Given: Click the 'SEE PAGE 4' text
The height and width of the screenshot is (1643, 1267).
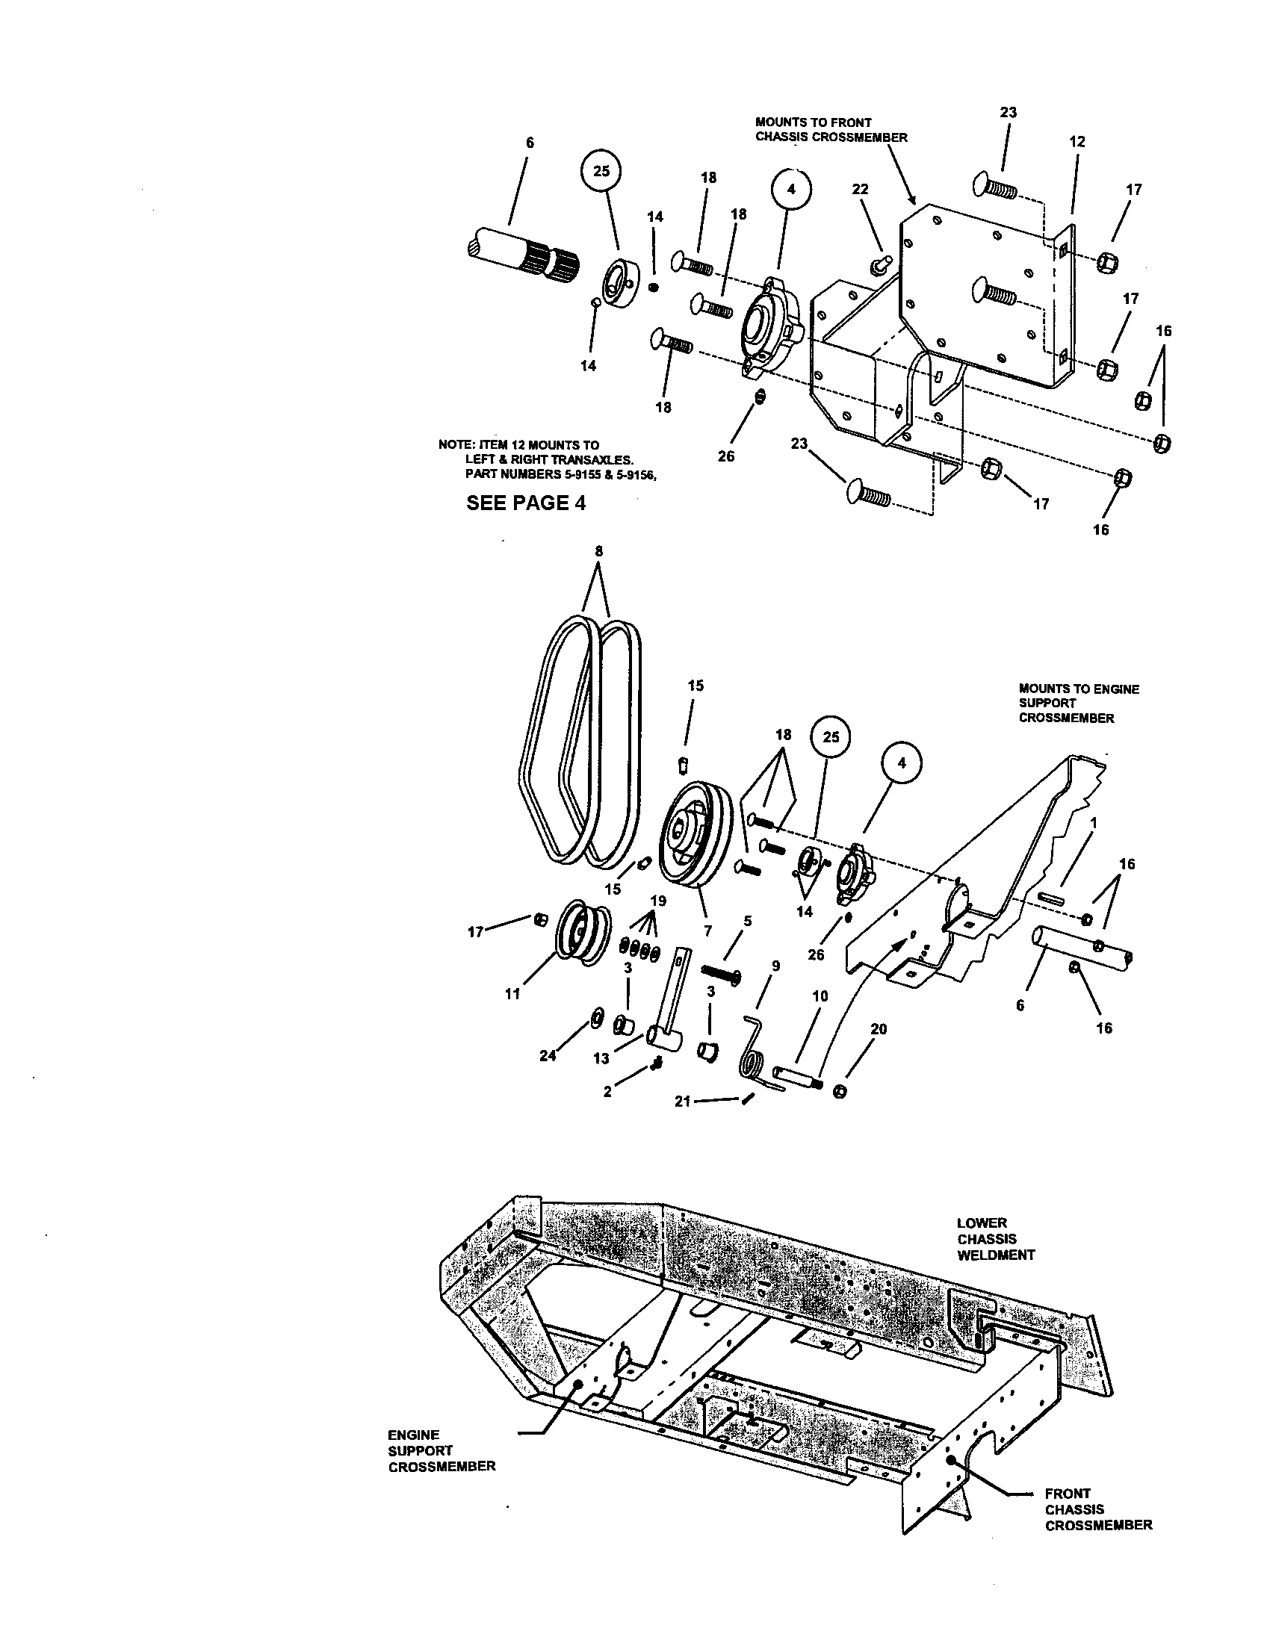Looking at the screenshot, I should click(525, 503).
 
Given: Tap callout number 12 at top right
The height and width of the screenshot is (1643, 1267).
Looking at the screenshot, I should click(1077, 140).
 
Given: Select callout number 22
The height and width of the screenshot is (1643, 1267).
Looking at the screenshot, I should click(860, 189).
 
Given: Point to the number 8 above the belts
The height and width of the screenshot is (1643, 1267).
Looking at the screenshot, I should click(598, 550).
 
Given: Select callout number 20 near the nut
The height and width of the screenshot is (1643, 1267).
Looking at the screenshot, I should click(878, 1028).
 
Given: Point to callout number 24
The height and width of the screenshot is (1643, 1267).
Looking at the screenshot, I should click(548, 1055).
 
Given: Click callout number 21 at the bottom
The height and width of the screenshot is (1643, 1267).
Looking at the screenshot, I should click(682, 1102).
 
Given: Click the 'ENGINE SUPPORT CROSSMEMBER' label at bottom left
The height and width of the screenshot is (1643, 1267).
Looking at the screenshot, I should click(442, 1450).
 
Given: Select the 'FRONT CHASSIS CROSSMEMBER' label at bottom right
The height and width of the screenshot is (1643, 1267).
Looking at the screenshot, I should click(1097, 1509).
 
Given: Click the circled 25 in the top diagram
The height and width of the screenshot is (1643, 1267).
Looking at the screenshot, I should click(601, 171).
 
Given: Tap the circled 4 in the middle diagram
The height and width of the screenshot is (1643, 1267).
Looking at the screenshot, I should click(902, 763).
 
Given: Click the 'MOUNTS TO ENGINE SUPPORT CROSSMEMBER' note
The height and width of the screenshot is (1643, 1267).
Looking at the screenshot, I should click(1078, 704).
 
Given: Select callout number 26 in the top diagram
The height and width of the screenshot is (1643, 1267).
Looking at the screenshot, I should click(725, 456).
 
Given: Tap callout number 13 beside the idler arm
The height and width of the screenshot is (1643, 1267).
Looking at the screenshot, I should click(601, 1058).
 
